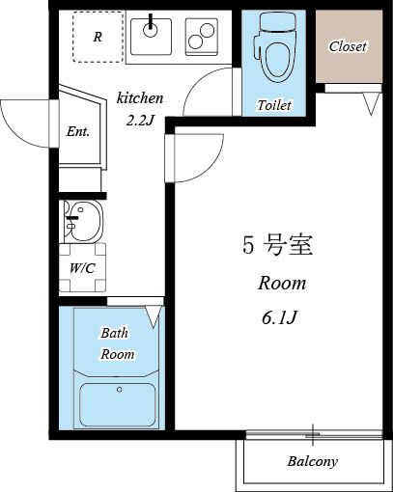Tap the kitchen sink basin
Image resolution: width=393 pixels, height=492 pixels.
(152, 36)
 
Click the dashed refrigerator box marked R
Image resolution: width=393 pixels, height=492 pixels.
(98, 38)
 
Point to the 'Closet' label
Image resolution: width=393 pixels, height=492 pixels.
(348, 46)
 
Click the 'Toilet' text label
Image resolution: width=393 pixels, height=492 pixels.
(273, 104)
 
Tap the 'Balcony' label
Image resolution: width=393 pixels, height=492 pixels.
(313, 462)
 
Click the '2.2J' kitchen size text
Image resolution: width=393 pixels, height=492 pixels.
(140, 120)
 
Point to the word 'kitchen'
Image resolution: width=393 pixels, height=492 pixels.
(140, 98)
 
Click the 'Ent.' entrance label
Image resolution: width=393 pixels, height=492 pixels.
(78, 132)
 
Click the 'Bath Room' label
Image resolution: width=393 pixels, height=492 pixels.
(116, 343)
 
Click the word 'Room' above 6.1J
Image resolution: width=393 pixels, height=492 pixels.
(281, 284)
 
